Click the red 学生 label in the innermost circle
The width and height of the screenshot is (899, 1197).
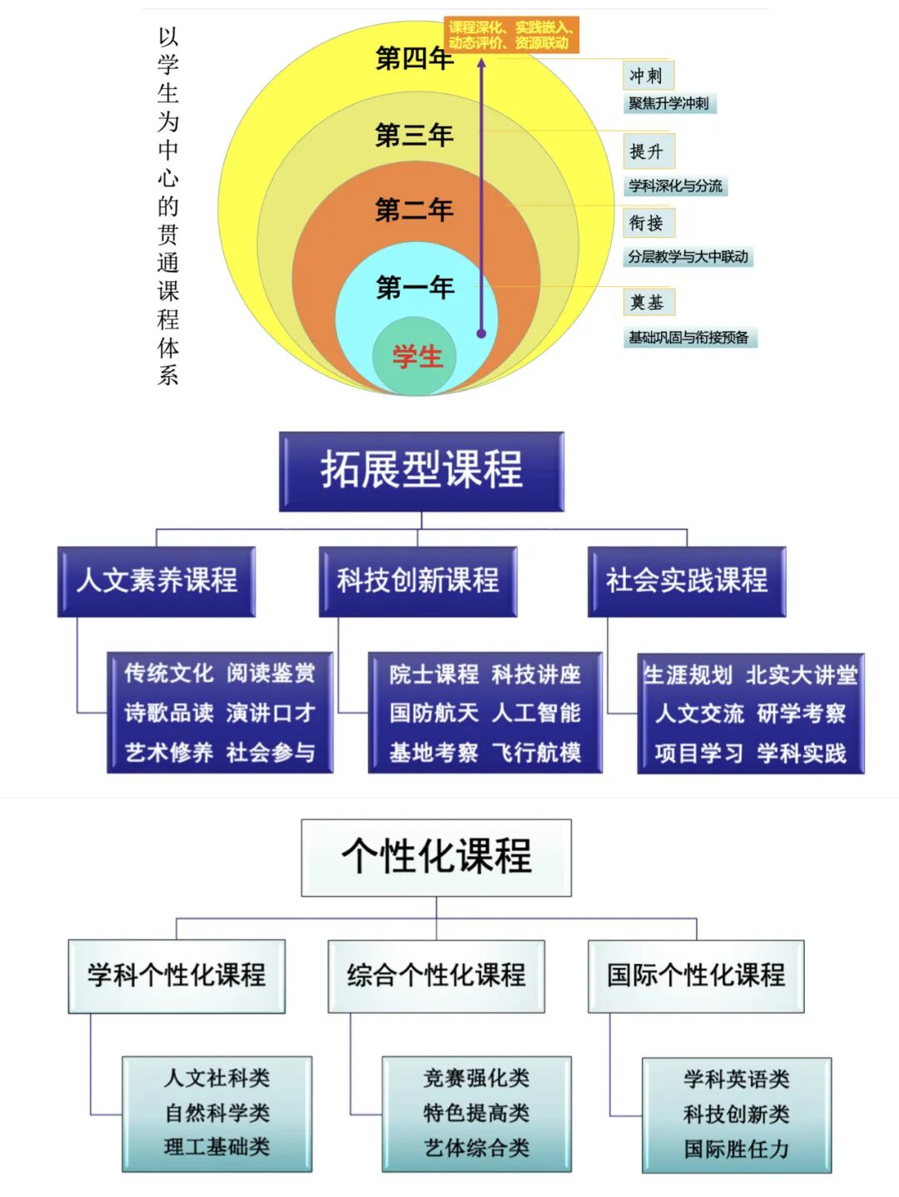click(417, 357)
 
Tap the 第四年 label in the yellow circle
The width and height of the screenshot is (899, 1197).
click(414, 58)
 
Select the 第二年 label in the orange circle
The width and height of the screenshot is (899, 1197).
click(414, 210)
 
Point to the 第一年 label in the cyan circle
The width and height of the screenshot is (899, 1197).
click(414, 288)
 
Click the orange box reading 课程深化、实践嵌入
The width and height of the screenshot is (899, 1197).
click(511, 35)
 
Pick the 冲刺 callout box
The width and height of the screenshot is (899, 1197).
click(647, 76)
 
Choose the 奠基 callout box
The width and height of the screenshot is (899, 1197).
click(648, 302)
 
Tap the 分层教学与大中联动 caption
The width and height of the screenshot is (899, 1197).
click(688, 257)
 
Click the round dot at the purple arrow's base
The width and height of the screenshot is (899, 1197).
click(481, 334)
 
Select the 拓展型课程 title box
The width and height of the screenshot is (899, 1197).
click(421, 471)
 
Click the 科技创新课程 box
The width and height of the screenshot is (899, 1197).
click(418, 581)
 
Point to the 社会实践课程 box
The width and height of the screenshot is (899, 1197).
click(687, 581)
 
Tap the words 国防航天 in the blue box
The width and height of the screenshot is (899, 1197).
click(434, 713)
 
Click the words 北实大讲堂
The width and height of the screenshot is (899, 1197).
click(802, 675)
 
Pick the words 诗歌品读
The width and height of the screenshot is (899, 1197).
click(169, 713)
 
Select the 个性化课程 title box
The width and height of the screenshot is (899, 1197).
click(436, 857)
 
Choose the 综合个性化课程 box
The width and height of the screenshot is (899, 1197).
click(436, 975)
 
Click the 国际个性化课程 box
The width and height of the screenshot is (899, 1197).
click(696, 975)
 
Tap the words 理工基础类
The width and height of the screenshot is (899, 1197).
click(217, 1147)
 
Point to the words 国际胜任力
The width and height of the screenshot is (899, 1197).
click(737, 1149)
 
